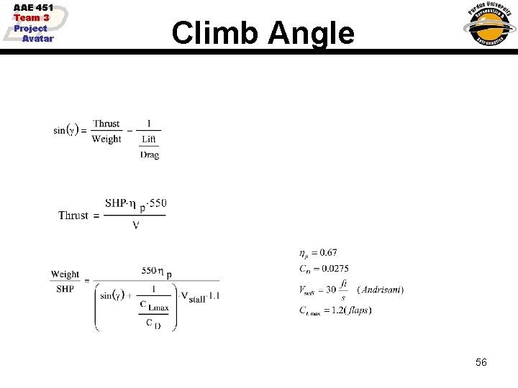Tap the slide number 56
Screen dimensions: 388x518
481,362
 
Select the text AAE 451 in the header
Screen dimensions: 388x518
34,8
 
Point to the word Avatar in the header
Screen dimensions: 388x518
37,38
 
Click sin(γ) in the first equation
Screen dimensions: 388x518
70,130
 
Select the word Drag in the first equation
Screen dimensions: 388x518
150,154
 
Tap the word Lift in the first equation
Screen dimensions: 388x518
149,139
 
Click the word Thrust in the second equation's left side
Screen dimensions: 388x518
73,216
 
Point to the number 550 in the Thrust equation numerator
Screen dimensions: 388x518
158,203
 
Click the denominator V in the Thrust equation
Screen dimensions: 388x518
135,225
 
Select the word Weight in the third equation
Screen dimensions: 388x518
65,274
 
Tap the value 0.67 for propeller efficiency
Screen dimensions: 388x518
327,252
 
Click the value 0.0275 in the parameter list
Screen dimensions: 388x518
334,269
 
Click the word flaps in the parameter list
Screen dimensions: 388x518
358,310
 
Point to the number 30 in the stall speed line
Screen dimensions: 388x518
331,290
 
